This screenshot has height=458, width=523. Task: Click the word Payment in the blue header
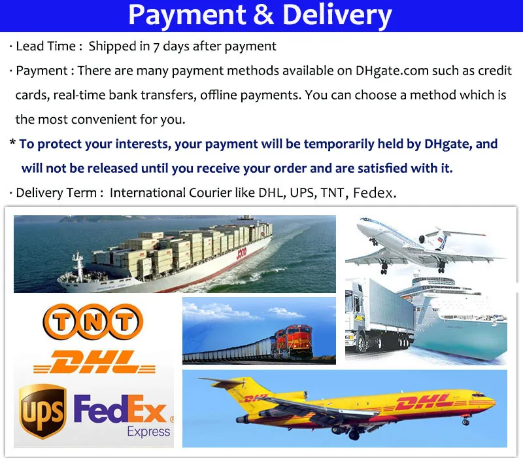pyautogui.click(x=187, y=15)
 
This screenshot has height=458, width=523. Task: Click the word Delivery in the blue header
pyautogui.click(x=337, y=15)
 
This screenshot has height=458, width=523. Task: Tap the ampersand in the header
pyautogui.click(x=264, y=14)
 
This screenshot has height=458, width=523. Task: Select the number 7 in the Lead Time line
pyautogui.click(x=156, y=47)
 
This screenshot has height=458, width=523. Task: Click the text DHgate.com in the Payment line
pyautogui.click(x=392, y=71)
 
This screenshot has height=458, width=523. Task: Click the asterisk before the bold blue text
pyautogui.click(x=12, y=142)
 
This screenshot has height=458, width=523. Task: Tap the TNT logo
pyautogui.click(x=93, y=321)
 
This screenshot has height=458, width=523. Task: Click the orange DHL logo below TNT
pyautogui.click(x=94, y=362)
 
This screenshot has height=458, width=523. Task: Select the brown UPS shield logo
pyautogui.click(x=42, y=411)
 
